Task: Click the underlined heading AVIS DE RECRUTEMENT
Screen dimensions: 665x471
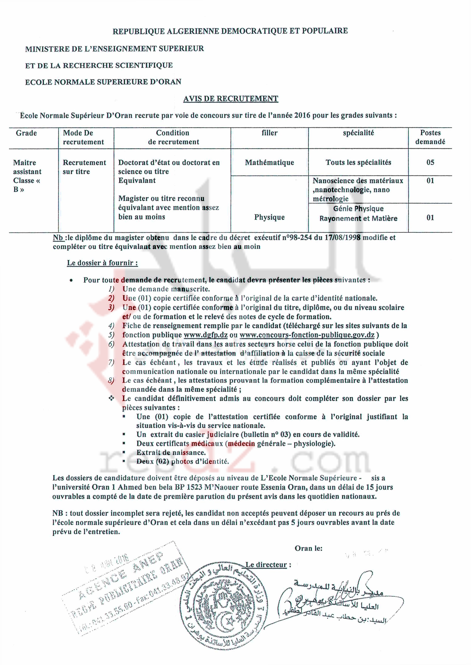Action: pyautogui.click(x=231, y=99)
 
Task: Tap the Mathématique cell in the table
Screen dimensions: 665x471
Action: pyautogui.click(x=269, y=163)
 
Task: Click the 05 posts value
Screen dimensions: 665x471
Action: pyautogui.click(x=430, y=163)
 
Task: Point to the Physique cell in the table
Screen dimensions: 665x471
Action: pyautogui.click(x=269, y=217)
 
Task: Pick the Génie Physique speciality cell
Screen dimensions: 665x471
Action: pyautogui.click(x=358, y=209)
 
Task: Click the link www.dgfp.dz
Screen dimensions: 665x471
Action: pyautogui.click(x=206, y=335)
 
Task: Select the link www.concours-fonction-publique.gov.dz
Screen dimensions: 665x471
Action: pyautogui.click(x=307, y=335)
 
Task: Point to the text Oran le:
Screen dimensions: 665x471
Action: pyautogui.click(x=308, y=548)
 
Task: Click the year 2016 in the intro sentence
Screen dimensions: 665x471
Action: pyautogui.click(x=302, y=115)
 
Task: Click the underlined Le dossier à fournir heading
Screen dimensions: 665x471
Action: pyautogui.click(x=102, y=263)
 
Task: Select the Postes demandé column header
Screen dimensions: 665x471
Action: pyautogui.click(x=430, y=137)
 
